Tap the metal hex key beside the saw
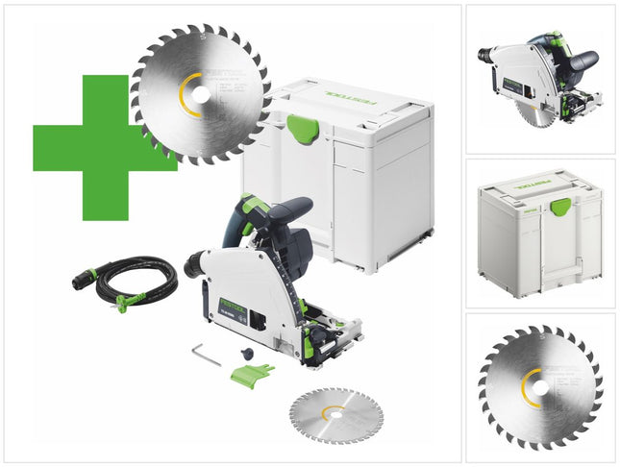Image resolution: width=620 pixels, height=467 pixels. (x=205, y=354)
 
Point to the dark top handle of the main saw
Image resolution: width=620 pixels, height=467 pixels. (x=288, y=213)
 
